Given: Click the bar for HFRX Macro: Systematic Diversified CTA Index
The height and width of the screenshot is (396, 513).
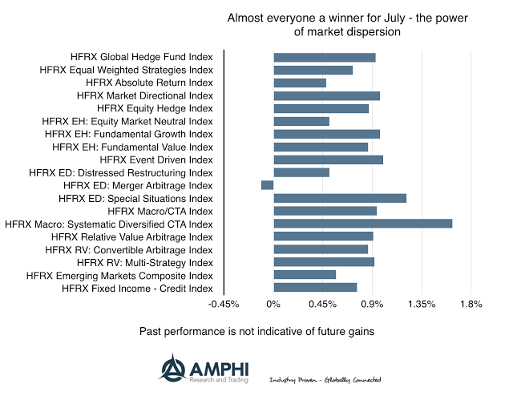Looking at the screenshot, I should [x=362, y=223].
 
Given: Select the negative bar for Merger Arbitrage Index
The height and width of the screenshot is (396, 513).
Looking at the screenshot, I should [x=267, y=185].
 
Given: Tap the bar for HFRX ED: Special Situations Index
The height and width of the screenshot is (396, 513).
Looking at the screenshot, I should [x=340, y=198].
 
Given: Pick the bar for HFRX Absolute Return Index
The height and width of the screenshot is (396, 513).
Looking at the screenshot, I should [x=300, y=83].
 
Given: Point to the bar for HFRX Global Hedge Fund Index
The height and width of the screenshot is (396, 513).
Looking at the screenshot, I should [x=324, y=57].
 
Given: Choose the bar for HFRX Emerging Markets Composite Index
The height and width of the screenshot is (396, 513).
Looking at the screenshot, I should [x=305, y=274].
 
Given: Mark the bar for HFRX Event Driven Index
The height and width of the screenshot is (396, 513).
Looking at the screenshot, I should [x=328, y=160].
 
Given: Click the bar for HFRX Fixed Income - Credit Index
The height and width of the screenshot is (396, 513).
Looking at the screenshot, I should [x=315, y=287].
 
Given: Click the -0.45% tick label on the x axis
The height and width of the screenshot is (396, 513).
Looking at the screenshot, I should [x=224, y=305].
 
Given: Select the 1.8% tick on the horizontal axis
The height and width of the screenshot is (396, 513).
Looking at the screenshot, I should [x=471, y=305].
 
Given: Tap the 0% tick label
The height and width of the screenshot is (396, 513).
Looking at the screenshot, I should [x=273, y=305].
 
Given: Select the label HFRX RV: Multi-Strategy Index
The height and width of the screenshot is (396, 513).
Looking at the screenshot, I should [x=144, y=262].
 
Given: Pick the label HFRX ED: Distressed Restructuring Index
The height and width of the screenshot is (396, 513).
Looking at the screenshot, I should [x=120, y=172].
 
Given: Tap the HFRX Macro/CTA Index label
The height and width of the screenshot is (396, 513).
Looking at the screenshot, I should [x=160, y=211].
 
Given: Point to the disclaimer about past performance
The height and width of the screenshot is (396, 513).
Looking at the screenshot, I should [x=257, y=330].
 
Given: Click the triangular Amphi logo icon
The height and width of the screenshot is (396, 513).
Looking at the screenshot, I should [x=172, y=369].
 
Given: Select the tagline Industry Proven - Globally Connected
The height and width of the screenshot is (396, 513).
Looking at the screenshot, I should [x=325, y=379].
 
